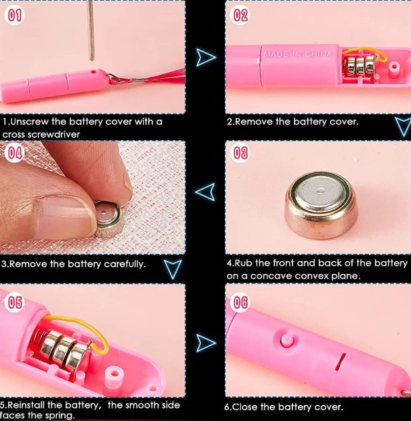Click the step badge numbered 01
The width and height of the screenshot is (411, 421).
15,15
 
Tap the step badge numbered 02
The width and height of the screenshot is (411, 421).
240,15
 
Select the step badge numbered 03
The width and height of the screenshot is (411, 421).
240,153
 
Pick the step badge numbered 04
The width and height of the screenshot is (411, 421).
15,153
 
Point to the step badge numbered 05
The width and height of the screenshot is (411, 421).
15,302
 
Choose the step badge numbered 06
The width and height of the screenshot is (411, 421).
240,302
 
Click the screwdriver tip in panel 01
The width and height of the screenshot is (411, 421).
92,59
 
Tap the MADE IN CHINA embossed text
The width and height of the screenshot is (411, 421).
298,55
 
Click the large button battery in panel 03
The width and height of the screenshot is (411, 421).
321,205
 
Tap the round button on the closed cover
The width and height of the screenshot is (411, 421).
287,340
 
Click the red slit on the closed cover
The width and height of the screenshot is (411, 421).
341,362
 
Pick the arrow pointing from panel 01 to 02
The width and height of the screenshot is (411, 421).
205,57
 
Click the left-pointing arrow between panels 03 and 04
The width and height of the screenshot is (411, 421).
205,192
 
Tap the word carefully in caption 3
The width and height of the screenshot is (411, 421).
125,264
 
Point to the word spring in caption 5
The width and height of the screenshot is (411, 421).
60,416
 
